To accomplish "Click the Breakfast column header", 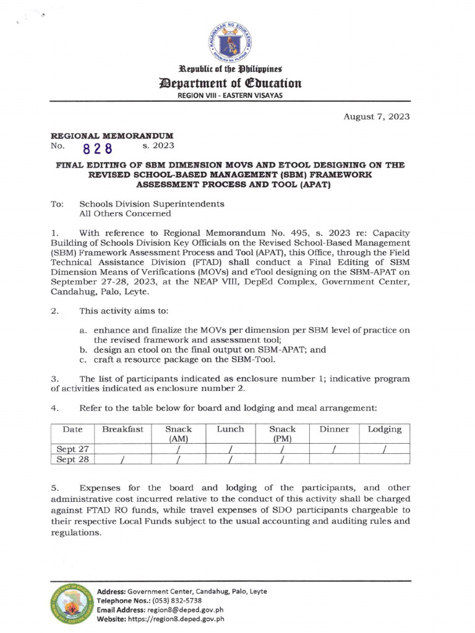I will coord(122,429).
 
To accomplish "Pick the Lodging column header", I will coord(385,429).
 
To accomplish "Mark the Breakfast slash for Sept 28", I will coord(122,460).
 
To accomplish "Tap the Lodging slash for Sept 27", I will coord(384,449).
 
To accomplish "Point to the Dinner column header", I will coord(334,429).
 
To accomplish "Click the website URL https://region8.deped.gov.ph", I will coord(177,618).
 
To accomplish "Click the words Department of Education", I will coord(237,83).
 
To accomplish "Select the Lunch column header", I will coord(230,429).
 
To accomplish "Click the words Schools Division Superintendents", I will coord(152,204).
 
